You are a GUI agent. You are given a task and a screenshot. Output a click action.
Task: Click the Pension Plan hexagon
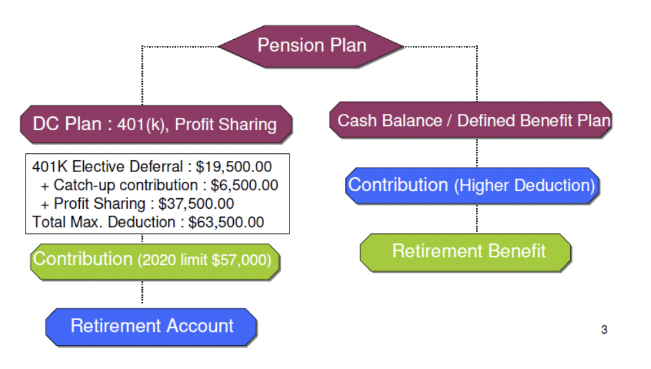[312, 46]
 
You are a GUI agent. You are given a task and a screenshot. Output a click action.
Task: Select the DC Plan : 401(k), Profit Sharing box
[155, 124]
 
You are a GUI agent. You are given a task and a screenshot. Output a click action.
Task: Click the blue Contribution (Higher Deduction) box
[472, 185]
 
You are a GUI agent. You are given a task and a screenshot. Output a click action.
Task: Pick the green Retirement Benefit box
[468, 251]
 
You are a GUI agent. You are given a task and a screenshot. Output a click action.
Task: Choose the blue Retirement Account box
[152, 326]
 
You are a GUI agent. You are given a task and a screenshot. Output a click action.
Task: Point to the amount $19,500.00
[234, 167]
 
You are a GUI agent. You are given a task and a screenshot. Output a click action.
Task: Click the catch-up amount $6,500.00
[244, 185]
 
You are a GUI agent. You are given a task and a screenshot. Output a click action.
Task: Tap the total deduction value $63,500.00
[226, 222]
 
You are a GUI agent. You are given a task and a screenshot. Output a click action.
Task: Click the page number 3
[604, 330]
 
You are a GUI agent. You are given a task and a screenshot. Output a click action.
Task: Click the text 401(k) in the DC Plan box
[141, 125]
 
